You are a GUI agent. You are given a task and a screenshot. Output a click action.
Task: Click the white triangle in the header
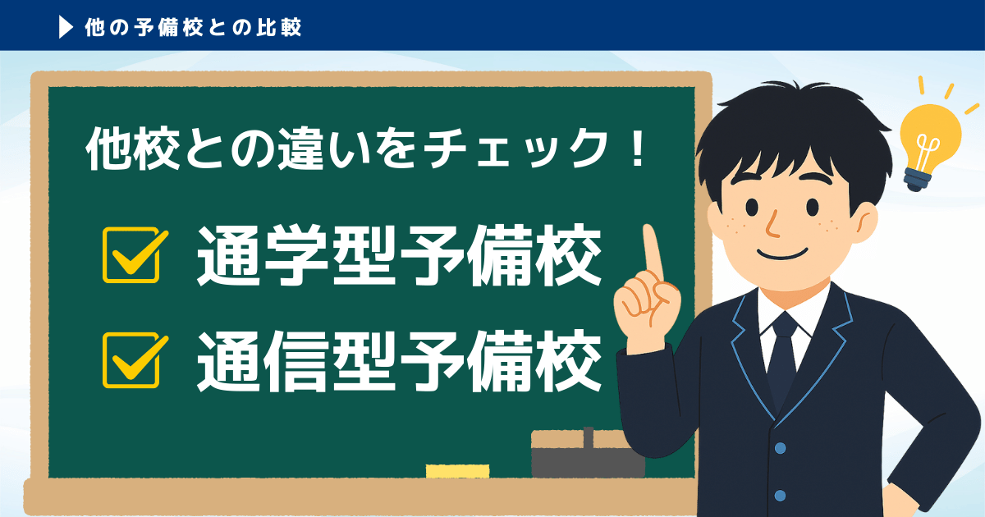[x=66, y=27]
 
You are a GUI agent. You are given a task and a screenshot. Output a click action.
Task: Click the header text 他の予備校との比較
[x=193, y=27]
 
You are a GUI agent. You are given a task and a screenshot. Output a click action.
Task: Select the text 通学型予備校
[x=399, y=255]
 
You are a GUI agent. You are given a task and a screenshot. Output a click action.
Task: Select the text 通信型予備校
[x=399, y=360]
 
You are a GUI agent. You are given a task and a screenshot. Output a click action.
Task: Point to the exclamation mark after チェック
[x=636, y=149]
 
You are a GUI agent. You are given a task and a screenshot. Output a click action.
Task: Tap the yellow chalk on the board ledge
[x=457, y=471]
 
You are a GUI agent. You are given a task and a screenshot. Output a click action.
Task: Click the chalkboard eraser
[x=588, y=453]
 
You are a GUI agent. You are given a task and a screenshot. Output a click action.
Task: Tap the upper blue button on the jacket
[x=780, y=448]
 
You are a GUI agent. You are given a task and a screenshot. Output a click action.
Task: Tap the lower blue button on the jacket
[x=780, y=496]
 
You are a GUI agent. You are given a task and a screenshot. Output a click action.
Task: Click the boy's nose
[x=772, y=223]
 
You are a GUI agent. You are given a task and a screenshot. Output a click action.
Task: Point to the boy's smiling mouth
[x=783, y=254]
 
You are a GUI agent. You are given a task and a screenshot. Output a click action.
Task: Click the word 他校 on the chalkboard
[x=133, y=149]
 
